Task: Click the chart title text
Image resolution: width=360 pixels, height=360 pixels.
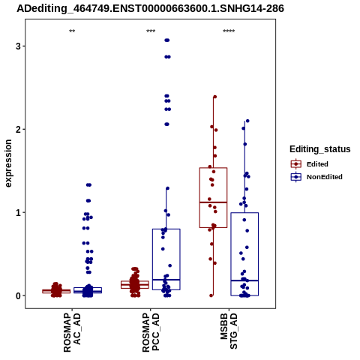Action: [150, 9]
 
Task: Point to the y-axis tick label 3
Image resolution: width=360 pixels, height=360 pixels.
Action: [18, 46]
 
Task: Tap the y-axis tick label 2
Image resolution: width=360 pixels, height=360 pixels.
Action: [18, 130]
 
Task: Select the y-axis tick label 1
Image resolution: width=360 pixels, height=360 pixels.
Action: [18, 213]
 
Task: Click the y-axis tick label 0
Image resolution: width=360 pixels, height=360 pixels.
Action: [18, 295]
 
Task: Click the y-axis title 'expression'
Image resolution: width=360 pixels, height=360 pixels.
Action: [8, 163]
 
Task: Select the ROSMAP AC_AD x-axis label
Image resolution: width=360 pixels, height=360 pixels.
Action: [72, 333]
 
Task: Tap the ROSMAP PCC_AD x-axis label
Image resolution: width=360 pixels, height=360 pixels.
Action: [151, 333]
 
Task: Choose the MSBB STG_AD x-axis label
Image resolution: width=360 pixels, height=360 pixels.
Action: [229, 331]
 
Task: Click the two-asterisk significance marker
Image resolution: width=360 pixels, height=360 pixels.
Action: [72, 31]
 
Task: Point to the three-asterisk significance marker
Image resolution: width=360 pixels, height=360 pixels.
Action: [151, 31]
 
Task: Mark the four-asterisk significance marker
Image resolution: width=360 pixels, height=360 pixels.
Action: [229, 31]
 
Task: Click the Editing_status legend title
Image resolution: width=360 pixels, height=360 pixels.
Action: [320, 149]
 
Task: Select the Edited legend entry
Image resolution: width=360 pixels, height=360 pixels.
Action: [317, 164]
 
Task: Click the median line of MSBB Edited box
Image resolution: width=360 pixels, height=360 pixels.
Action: [213, 202]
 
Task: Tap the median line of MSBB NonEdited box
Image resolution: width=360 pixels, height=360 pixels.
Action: [244, 280]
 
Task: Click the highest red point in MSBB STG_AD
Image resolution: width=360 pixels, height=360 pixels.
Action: [214, 97]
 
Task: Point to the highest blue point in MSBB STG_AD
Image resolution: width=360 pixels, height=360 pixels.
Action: [247, 121]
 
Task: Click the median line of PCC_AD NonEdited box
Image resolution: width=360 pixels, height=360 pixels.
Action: [166, 280]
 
